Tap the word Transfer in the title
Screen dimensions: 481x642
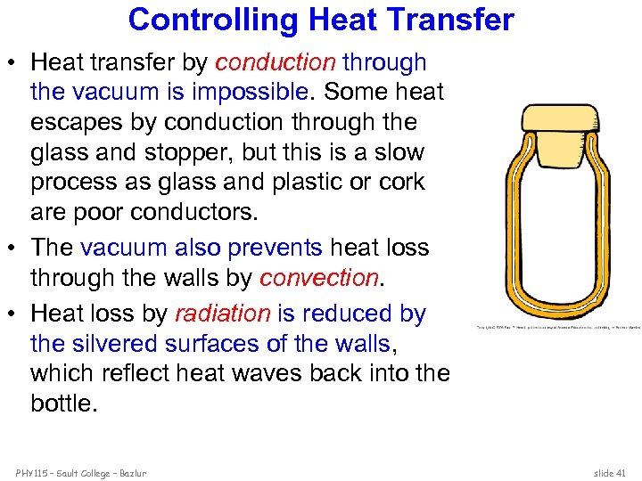455,20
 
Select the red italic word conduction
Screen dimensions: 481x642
276,63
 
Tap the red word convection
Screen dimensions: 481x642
318,278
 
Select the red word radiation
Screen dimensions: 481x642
222,314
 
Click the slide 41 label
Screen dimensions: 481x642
610,473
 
